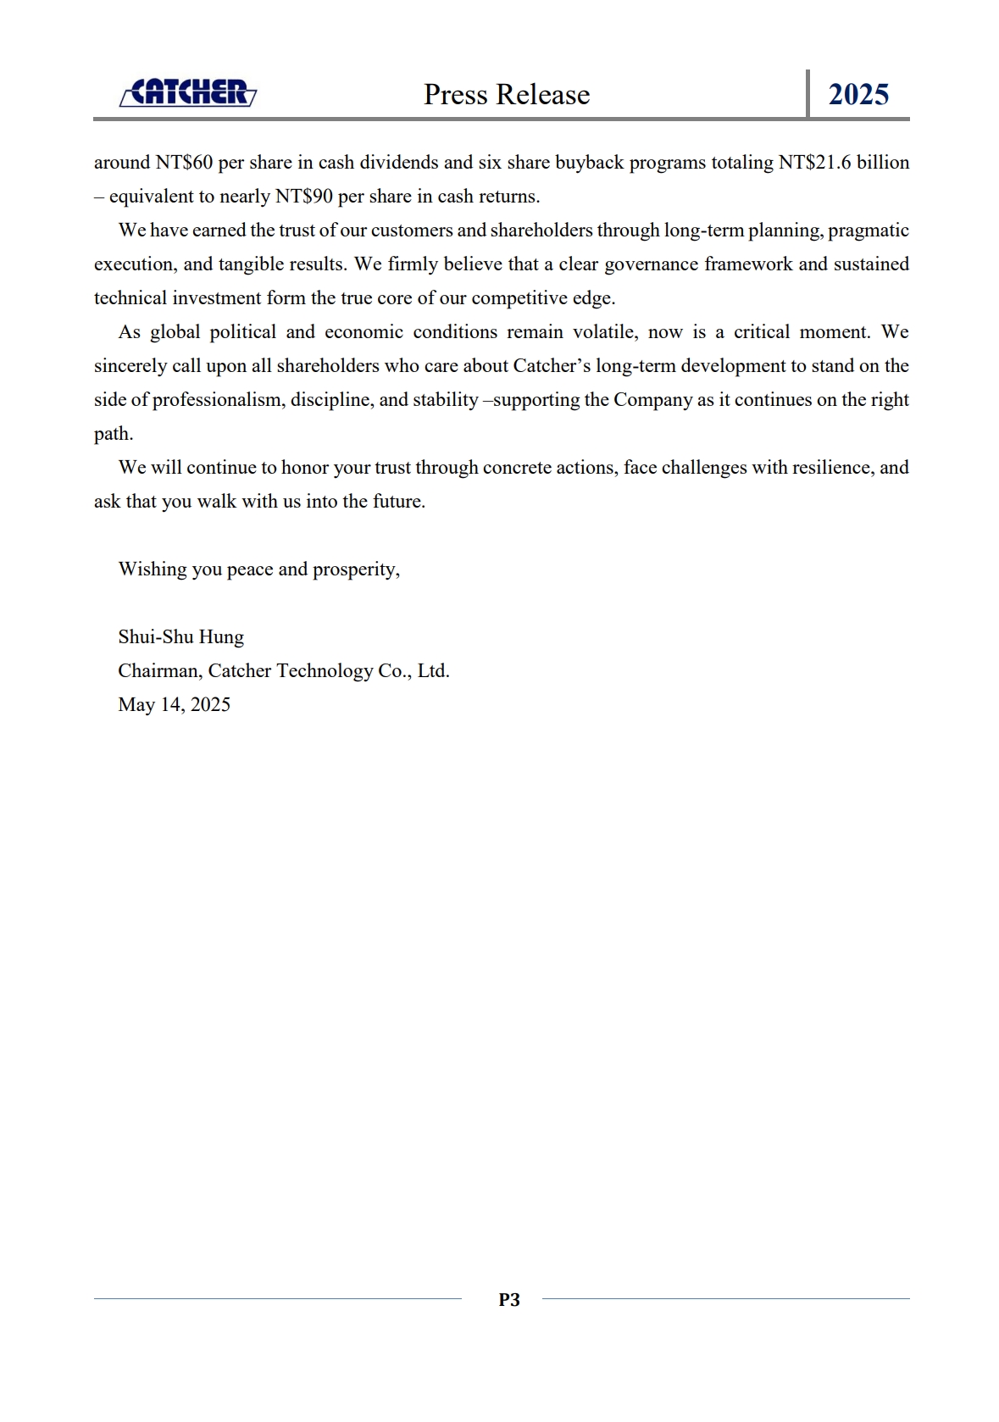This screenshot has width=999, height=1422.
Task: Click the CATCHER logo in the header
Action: (187, 92)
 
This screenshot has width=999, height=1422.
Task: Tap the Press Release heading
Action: (507, 94)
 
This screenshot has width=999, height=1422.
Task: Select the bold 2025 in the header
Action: (858, 94)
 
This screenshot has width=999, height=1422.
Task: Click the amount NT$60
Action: (184, 162)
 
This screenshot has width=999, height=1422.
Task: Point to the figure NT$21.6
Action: (814, 162)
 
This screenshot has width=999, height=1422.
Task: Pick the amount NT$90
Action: (304, 197)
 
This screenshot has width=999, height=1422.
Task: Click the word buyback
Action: (589, 162)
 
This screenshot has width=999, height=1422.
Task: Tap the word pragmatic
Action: (868, 231)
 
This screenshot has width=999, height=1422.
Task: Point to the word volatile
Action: (603, 332)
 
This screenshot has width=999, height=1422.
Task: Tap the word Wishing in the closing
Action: (153, 569)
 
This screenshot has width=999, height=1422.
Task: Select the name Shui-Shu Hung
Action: (180, 637)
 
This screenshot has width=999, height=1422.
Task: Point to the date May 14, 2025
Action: (174, 705)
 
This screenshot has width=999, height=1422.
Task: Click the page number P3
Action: (508, 1299)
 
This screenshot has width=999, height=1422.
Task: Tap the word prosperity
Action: (355, 569)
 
